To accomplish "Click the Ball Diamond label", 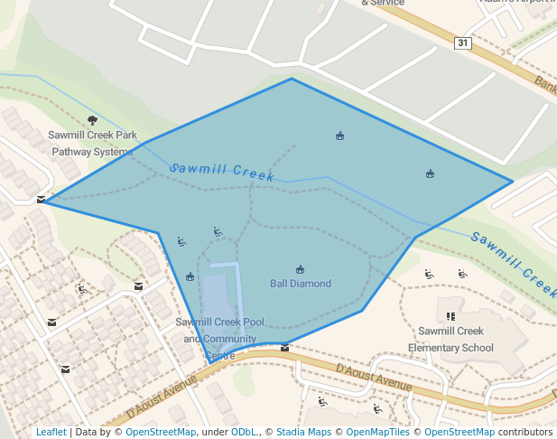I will tap(301, 284).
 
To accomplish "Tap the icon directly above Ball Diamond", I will tap(300, 269).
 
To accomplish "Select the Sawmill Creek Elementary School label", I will tap(450, 340).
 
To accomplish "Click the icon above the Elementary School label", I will tap(450, 316).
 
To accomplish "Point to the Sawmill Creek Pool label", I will tap(219, 322).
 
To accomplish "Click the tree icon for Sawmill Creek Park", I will tap(92, 120).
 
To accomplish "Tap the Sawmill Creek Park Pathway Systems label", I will tap(92, 144).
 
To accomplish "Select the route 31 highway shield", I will tap(462, 42).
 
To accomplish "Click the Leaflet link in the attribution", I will tap(51, 432).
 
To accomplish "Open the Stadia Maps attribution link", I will tap(303, 432).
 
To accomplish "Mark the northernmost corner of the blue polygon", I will tap(292, 79).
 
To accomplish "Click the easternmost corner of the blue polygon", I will tap(512, 182).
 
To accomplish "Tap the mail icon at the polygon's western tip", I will tap(41, 200).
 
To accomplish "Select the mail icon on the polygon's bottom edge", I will tap(285, 348).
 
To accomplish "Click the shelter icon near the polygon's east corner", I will tap(430, 173).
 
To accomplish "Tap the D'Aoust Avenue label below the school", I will tap(373, 378).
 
